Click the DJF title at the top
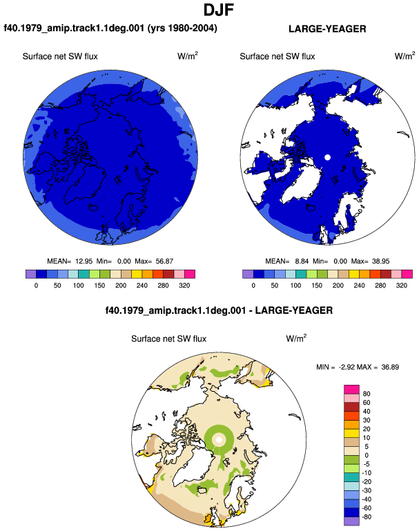coord(219,10)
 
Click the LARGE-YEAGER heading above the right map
coord(327,29)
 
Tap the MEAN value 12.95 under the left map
coord(84,261)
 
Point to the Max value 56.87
coord(164,261)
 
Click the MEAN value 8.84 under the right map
coord(302,261)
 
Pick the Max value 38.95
coord(381,261)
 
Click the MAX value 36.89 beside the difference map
coord(390,367)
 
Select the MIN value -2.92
coord(347,367)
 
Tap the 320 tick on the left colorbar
coord(184,285)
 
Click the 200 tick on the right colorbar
coord(338,285)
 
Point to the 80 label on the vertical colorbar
coord(367,394)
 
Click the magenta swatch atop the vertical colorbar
coord(351,389)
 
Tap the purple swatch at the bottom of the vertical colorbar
coord(351,521)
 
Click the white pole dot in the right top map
coord(327,157)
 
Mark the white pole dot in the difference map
coord(219,439)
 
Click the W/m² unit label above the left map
coord(188,56)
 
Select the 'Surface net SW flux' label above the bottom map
coord(169,339)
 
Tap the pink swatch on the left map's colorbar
coord(179,274)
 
